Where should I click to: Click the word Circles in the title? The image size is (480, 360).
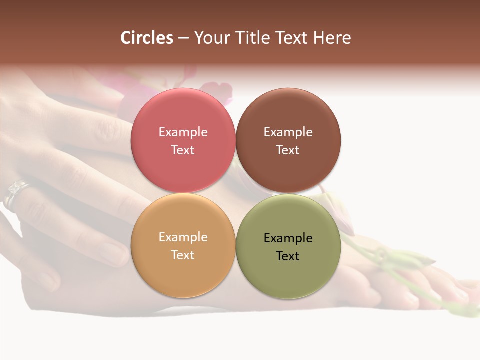pos(146,38)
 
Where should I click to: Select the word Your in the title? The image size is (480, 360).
pos(210,38)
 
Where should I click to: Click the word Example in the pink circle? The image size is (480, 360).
pos(183,132)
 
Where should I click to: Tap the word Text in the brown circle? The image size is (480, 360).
pos(288,150)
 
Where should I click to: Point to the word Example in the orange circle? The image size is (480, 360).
pos(183,237)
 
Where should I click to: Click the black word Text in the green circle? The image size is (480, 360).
pos(288,256)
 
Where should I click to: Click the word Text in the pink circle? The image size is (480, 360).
pos(183,150)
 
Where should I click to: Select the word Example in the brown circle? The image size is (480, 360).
pos(288,132)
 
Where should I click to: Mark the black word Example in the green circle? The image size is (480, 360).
pos(288,238)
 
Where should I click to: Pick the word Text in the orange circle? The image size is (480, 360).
pos(183,255)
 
